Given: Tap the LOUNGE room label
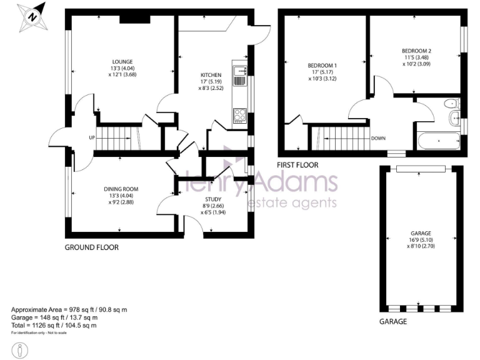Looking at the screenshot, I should [122, 61].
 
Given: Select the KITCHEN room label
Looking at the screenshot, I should [211, 74].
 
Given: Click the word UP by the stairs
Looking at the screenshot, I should [92, 137].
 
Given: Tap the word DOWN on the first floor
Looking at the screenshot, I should [379, 138].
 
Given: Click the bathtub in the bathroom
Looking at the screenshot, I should [437, 142].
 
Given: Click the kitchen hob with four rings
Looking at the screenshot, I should [239, 115].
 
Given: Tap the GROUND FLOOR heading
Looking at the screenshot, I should [92, 247].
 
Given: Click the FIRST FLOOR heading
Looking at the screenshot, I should [297, 166].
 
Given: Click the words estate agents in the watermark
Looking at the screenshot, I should [292, 202].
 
